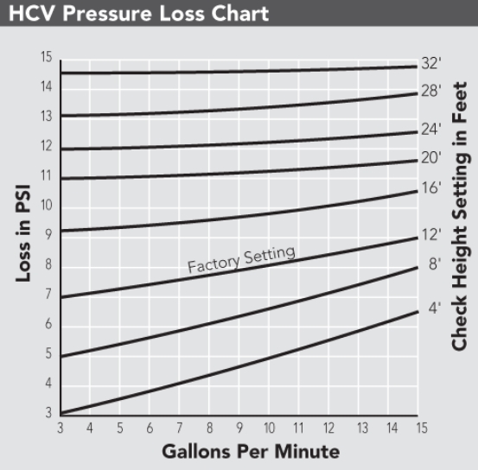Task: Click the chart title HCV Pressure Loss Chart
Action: coord(138,13)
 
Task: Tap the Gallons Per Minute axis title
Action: coord(251,451)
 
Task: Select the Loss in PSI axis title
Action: coord(23,233)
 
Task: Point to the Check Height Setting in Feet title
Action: coord(460,216)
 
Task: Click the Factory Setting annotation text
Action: coord(241,259)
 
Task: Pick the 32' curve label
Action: coord(431,63)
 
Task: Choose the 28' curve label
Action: coord(431,91)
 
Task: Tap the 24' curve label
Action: coord(431,130)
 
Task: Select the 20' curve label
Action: coord(431,157)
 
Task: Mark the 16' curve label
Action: coord(431,187)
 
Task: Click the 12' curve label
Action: coord(431,235)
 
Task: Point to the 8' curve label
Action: coord(435,264)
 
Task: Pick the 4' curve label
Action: coord(435,308)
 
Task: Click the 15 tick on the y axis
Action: coord(47,57)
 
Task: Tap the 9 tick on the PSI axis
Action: coord(48,234)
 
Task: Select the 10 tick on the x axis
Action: coord(269,428)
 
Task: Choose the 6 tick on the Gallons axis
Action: coord(150,428)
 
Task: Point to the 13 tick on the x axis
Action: coord(362,428)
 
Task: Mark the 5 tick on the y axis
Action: coord(48,353)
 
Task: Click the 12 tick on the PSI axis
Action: coord(47,146)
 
